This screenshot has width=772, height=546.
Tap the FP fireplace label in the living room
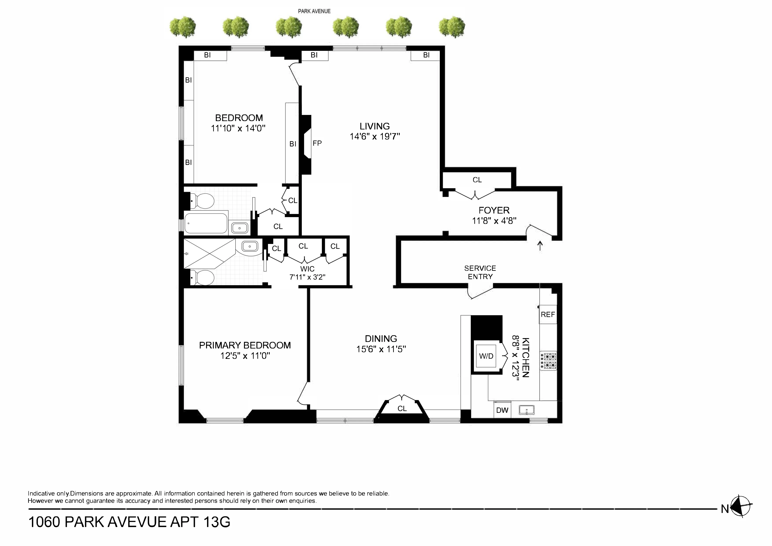coord(317,143)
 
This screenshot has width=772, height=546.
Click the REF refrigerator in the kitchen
coord(548,315)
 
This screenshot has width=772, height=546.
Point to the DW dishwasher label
coord(502,410)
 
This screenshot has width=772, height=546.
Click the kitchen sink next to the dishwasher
coord(526,410)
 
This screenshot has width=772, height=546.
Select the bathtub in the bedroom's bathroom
coord(206,223)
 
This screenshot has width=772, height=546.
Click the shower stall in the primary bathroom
coord(209,254)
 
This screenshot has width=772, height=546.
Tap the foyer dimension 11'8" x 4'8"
coord(494,221)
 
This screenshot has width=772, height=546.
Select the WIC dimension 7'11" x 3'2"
coord(307,277)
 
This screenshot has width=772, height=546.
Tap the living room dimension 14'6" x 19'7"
coord(375,136)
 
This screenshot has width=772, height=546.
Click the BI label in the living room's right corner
coord(426,55)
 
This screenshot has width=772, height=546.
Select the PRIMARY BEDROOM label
coord(245,345)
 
